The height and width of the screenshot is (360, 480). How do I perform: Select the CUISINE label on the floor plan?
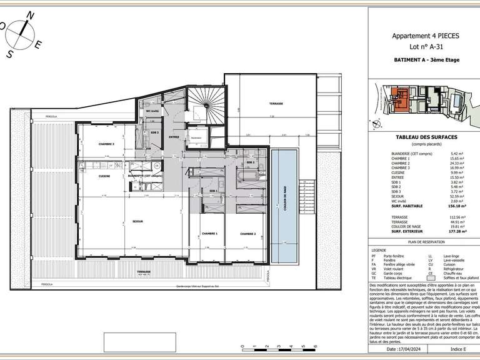[x=105, y=176]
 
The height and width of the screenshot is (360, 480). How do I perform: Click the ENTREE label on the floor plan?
[x=174, y=137]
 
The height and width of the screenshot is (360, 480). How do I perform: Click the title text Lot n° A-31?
[x=424, y=46]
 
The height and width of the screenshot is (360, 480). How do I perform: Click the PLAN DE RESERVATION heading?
[x=426, y=241]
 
